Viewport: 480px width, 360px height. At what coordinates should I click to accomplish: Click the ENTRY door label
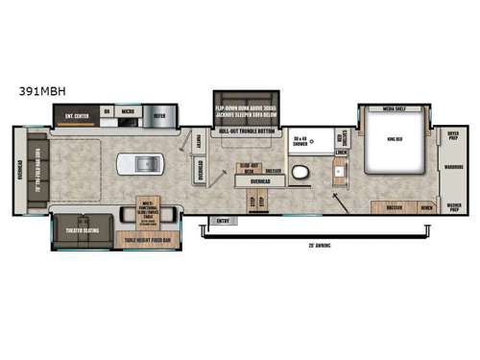click(225, 220)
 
